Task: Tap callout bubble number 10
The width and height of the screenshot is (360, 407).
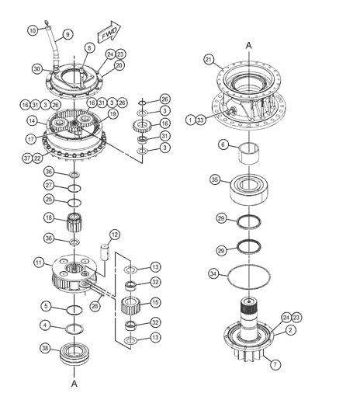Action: [33, 30]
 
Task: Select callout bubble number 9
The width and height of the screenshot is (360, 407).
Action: [67, 34]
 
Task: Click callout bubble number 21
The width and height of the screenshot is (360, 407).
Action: [208, 60]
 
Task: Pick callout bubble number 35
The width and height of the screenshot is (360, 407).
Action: [215, 179]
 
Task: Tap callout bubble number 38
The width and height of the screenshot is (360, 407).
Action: [47, 349]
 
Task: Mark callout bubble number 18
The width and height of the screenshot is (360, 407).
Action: [48, 217]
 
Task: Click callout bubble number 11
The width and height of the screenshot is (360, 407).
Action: [36, 263]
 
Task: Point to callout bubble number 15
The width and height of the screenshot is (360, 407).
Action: [155, 302]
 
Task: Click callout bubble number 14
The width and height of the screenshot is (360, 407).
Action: [33, 121]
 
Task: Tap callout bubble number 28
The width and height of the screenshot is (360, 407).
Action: [95, 305]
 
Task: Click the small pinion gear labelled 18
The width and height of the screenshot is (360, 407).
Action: [75, 221]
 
